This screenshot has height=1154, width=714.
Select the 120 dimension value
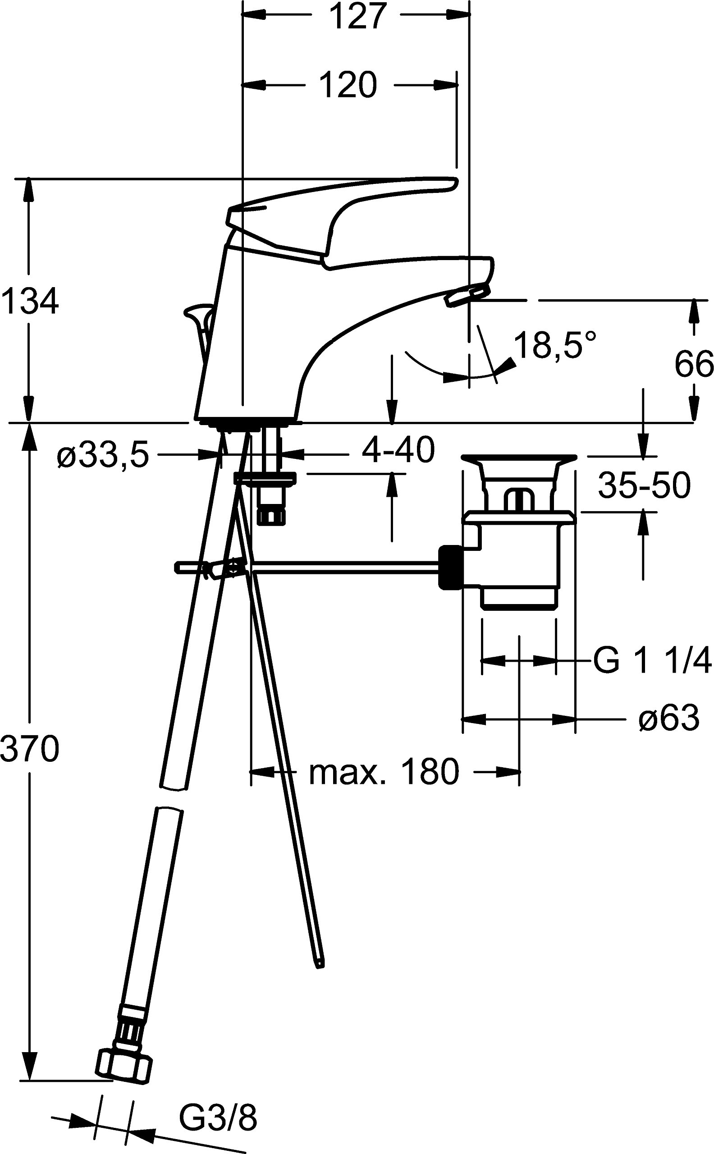tap(348, 86)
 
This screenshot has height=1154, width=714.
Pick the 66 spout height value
tap(693, 364)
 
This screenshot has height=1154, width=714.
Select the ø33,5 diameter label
tap(102, 456)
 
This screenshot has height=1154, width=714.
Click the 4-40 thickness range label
tap(398, 449)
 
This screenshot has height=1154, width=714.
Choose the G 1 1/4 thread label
tap(652, 660)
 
